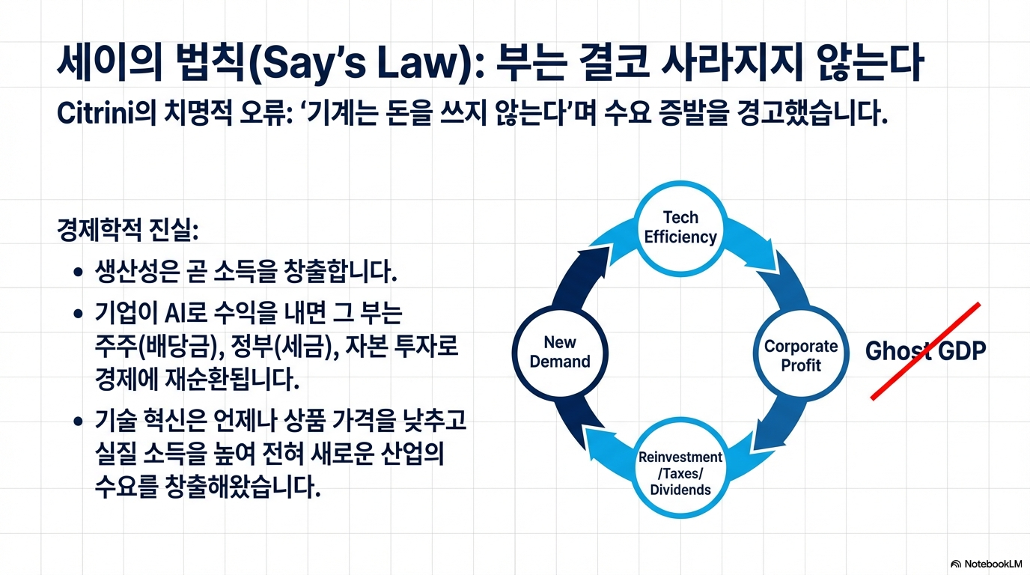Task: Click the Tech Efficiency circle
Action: [x=680, y=228]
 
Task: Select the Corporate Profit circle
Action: [x=800, y=355]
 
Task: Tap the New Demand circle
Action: [x=560, y=352]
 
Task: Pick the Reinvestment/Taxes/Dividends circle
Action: [x=680, y=473]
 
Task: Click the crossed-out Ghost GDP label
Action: [x=924, y=351]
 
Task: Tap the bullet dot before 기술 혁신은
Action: [x=78, y=422]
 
